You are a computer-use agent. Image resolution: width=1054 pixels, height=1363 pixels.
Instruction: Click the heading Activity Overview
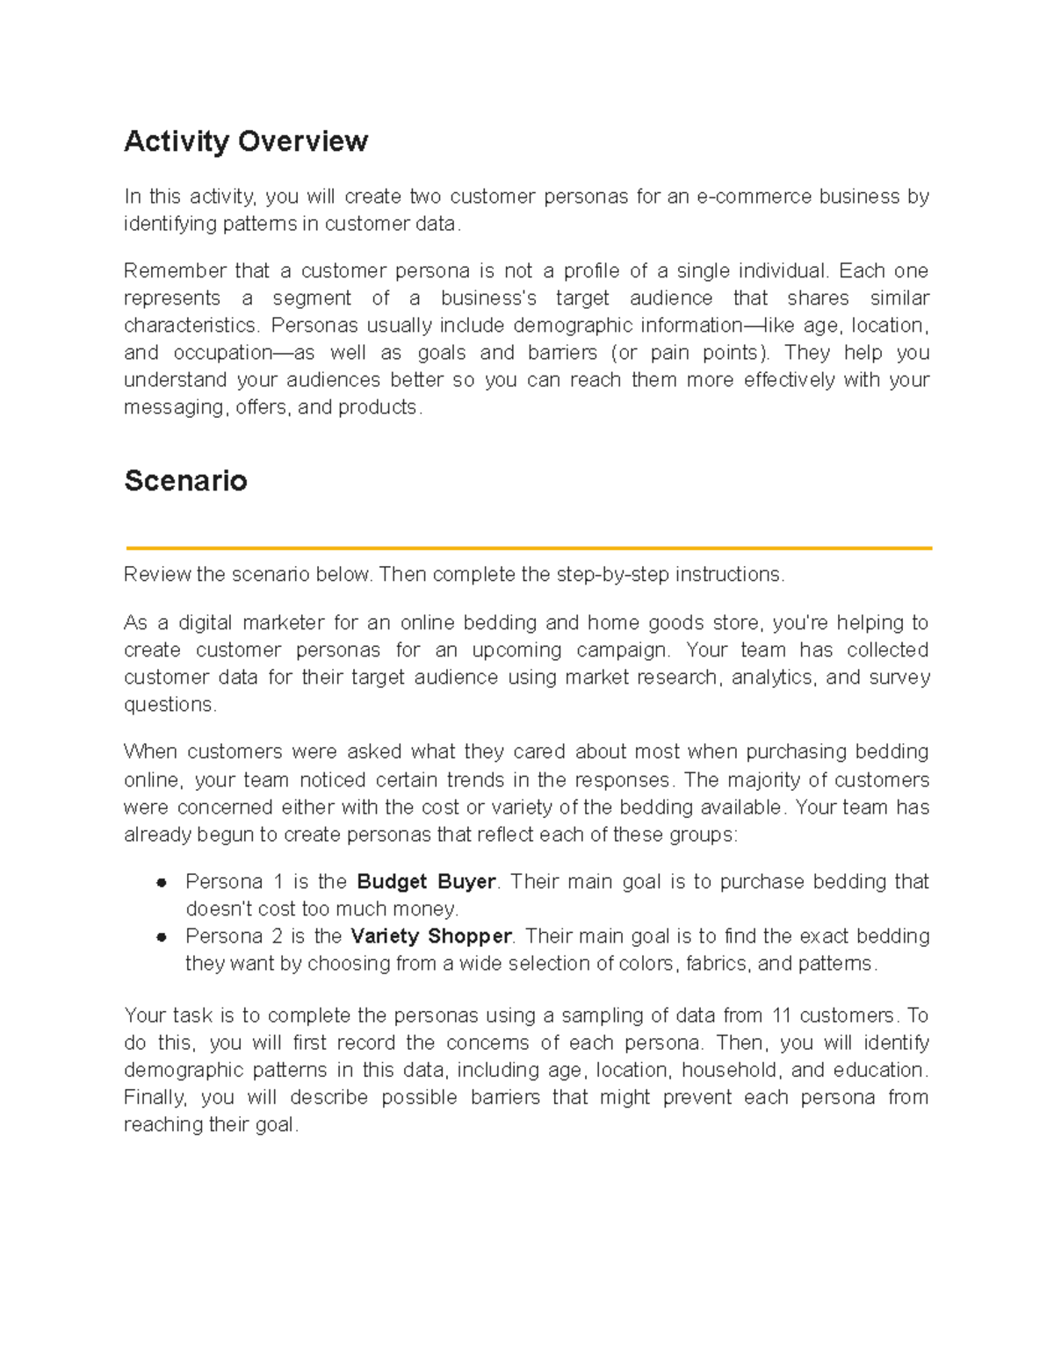coord(246,141)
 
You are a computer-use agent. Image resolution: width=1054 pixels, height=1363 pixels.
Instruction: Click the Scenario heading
coord(185,481)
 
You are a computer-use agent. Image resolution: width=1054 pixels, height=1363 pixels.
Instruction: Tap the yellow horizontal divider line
coord(528,548)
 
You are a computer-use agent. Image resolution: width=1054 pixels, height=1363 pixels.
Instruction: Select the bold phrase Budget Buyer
coord(427,881)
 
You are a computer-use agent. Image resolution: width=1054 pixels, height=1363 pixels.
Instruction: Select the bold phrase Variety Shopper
coord(431,936)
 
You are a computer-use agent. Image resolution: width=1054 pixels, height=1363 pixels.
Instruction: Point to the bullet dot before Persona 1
coord(162,882)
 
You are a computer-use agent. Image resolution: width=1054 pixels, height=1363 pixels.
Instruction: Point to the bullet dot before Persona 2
coord(162,936)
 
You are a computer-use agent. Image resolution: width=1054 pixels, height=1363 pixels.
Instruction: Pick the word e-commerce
coord(754,197)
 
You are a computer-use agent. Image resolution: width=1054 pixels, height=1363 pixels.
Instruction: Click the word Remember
coord(173,270)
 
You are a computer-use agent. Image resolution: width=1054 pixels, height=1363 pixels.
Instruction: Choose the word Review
coord(157,575)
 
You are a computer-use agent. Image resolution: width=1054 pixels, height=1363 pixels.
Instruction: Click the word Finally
coord(155,1097)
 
